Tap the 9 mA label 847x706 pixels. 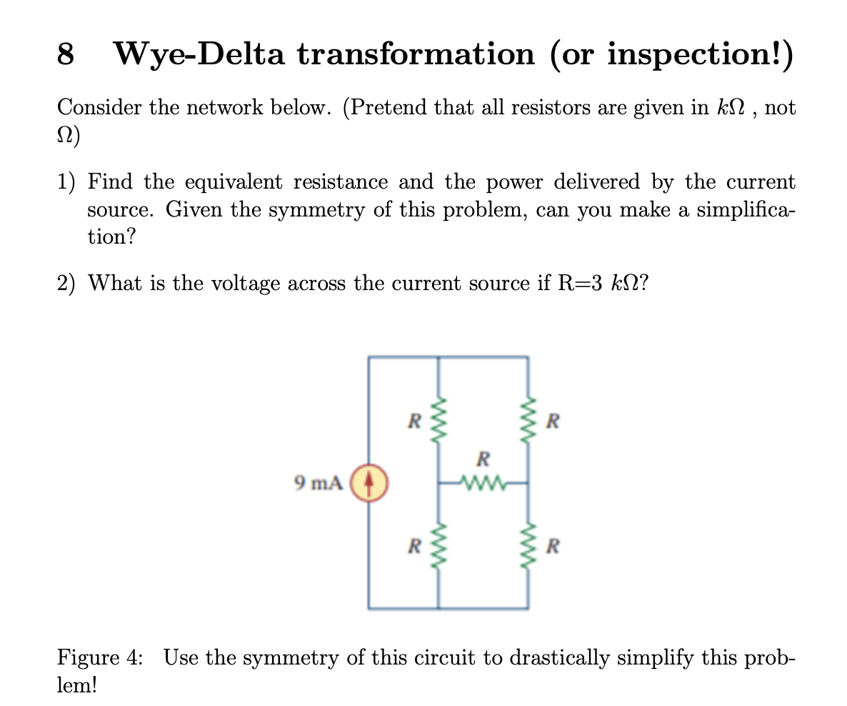click(x=319, y=484)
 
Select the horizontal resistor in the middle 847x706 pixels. click(x=483, y=482)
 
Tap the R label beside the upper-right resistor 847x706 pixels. click(x=552, y=421)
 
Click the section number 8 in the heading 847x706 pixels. click(x=65, y=54)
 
